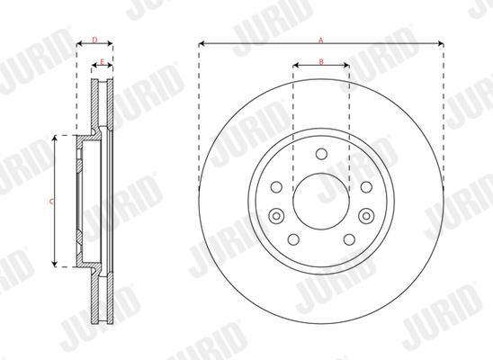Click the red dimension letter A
click(320, 40)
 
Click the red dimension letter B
click(321, 61)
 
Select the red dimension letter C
click(51, 202)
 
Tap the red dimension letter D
click(95, 40)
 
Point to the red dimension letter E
click(103, 61)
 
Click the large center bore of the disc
click(321, 202)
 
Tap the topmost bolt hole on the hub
click(321, 154)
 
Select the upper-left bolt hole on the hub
click(276, 187)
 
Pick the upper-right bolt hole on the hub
click(366, 187)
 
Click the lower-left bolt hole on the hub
click(293, 239)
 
